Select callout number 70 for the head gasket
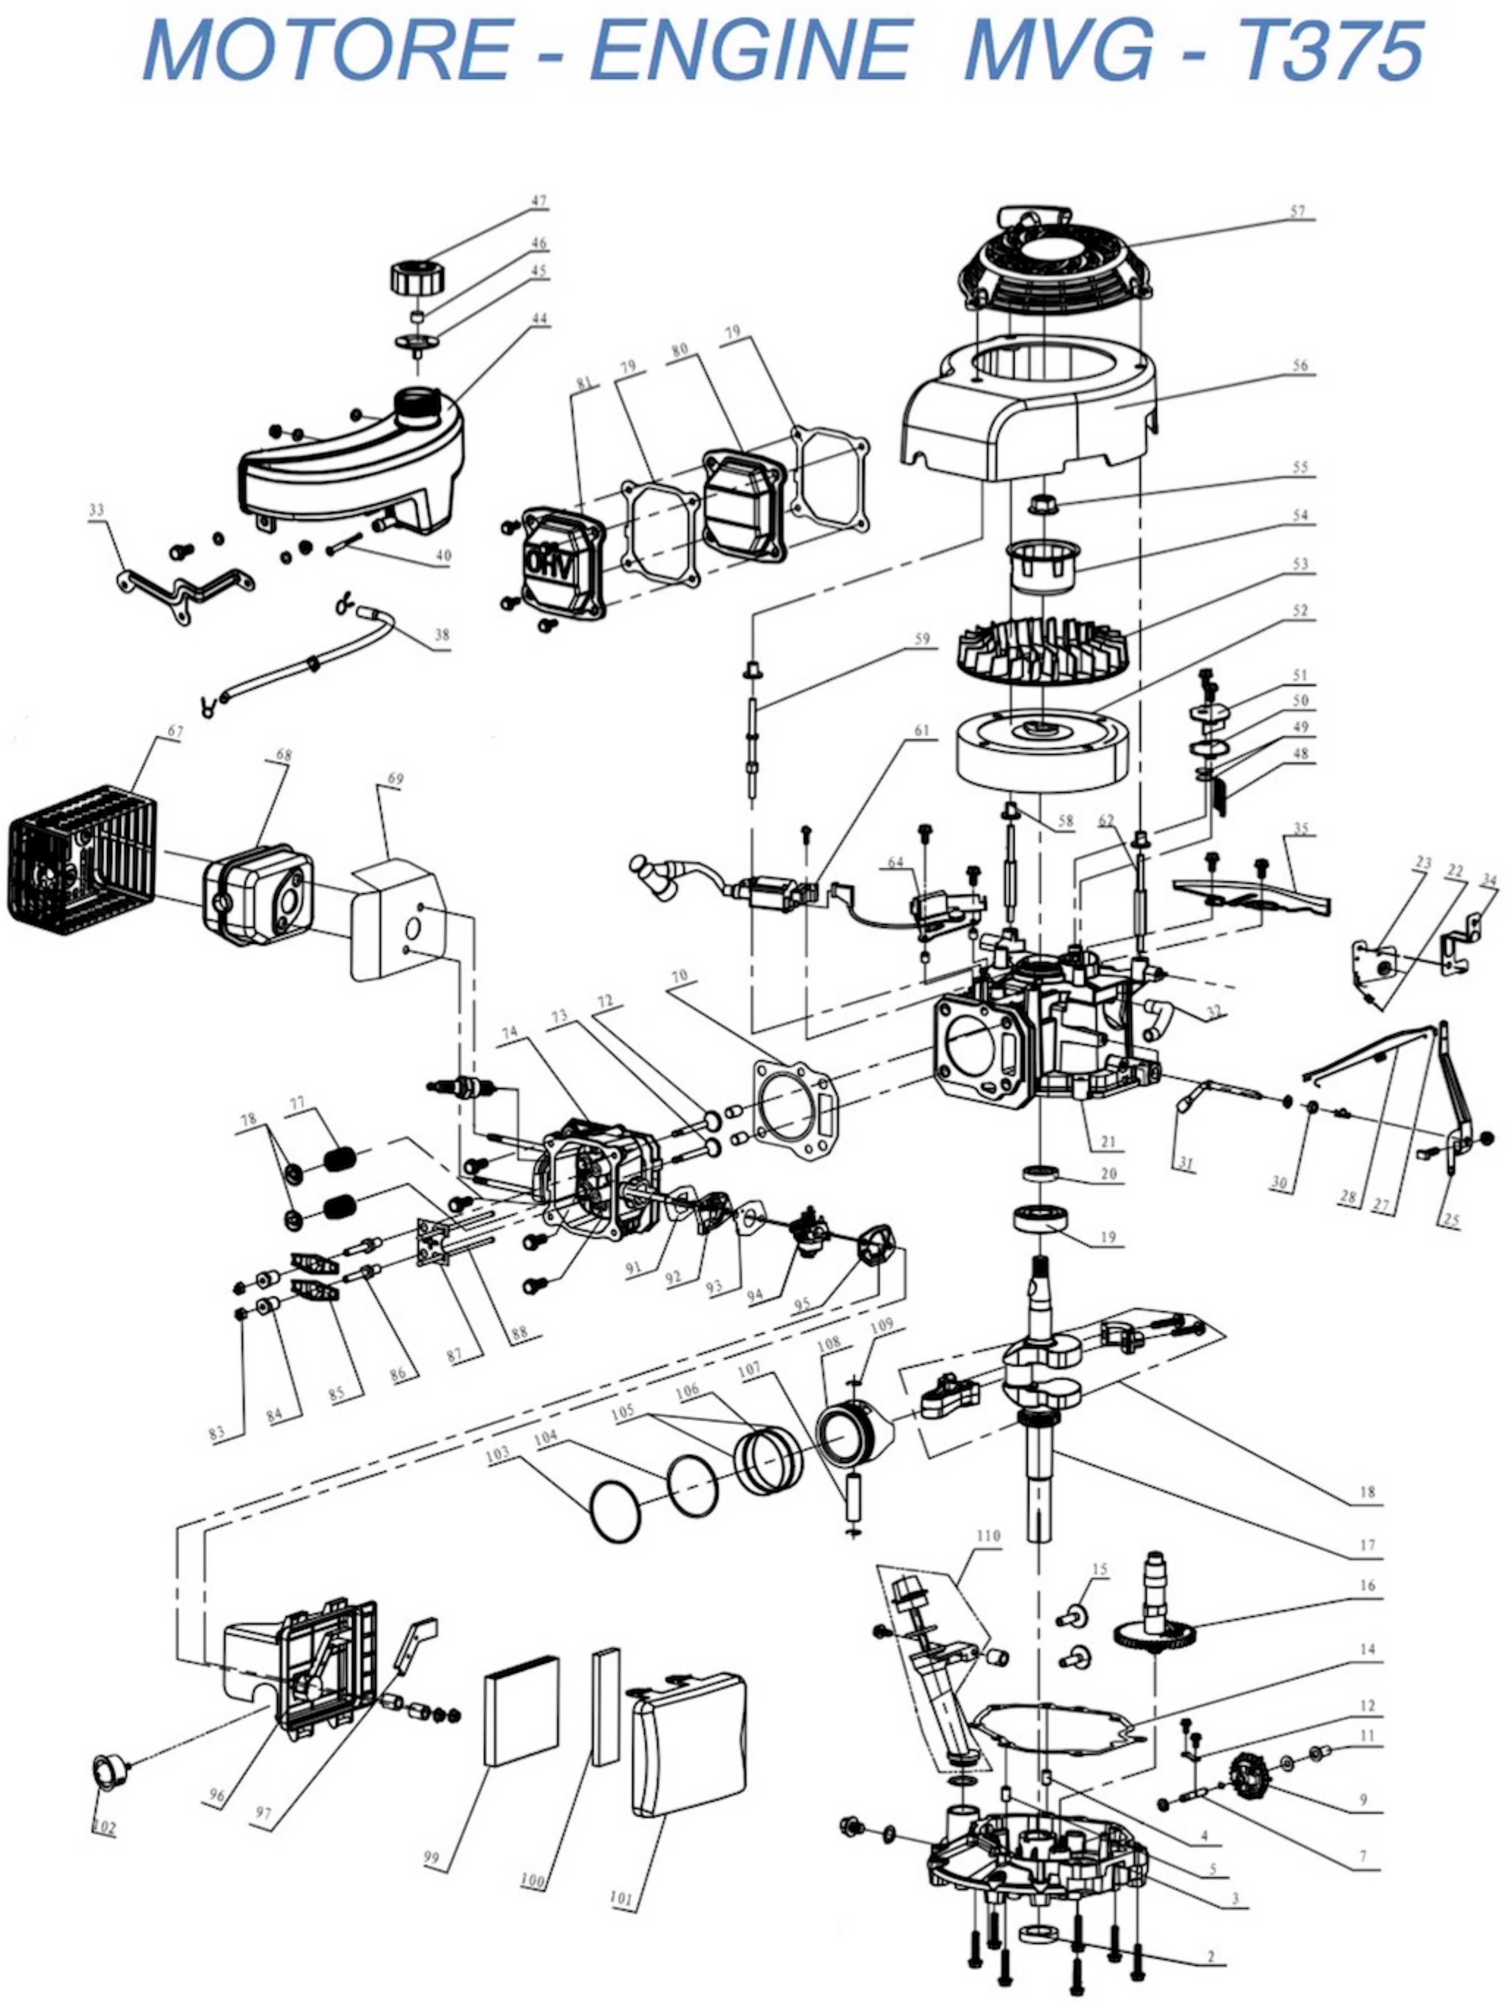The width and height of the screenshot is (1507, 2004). pyautogui.click(x=679, y=977)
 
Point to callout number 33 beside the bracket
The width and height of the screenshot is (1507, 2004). pyautogui.click(x=96, y=510)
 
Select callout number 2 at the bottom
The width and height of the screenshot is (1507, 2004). pyautogui.click(x=1210, y=1956)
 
